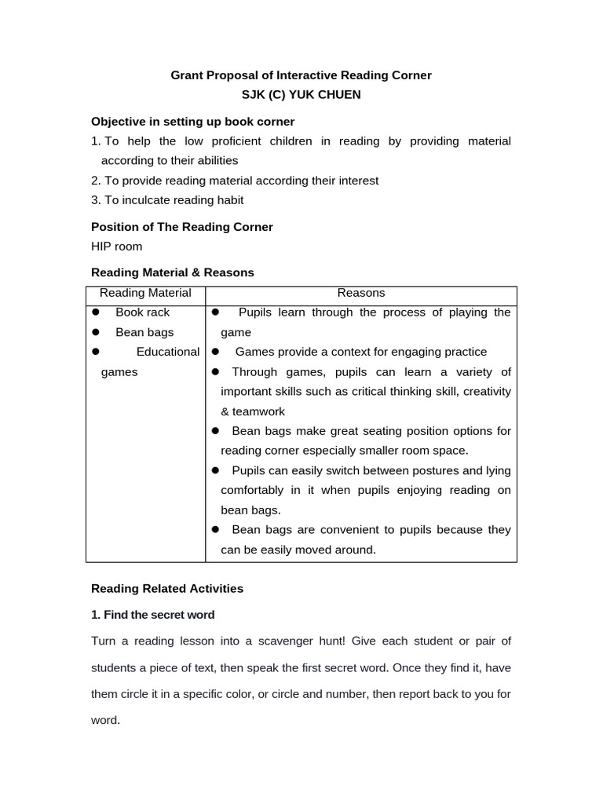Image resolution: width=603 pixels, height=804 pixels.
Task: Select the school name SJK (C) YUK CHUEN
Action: [301, 95]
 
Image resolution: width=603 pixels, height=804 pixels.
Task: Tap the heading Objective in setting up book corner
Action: [192, 122]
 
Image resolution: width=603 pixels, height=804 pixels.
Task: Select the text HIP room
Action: [117, 247]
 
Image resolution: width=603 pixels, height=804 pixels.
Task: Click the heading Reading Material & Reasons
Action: [173, 272]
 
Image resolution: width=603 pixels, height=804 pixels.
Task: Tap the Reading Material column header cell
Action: [145, 293]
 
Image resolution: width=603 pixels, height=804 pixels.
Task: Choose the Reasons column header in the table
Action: [361, 293]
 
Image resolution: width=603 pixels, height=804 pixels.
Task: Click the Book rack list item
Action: [142, 312]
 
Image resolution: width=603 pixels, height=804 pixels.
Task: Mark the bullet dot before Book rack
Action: [96, 312]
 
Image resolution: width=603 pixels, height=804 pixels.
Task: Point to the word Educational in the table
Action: [168, 352]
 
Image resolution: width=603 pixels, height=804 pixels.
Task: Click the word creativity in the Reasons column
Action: [485, 392]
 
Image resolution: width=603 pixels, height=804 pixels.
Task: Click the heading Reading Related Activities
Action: [167, 588]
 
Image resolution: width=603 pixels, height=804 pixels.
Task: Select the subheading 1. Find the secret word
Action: [153, 615]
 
